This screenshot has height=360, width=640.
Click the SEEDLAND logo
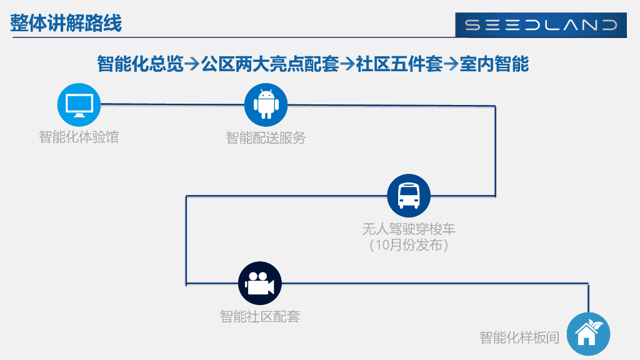tap(541, 25)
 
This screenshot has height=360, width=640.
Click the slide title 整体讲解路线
tap(66, 24)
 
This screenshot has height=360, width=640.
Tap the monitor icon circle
tap(79, 104)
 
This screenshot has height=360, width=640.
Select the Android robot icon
tap(266, 104)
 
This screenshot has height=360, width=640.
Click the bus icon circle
tap(409, 195)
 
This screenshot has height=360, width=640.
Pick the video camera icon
tap(260, 283)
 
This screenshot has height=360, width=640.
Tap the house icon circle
tap(587, 334)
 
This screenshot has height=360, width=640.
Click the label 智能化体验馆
tap(79, 137)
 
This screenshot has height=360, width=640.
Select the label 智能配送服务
tap(266, 138)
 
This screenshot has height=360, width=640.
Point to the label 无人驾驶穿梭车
tap(409, 229)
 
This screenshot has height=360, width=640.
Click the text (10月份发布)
tap(409, 245)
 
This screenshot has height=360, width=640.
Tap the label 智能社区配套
tap(260, 317)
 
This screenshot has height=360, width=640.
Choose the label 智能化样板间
tap(519, 337)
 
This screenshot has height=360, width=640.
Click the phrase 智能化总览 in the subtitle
tap(140, 63)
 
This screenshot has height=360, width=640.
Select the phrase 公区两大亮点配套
tap(270, 63)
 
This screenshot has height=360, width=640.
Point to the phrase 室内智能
tap(494, 63)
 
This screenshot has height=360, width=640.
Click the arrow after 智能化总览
tap(192, 64)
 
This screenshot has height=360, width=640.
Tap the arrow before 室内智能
tap(451, 64)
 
